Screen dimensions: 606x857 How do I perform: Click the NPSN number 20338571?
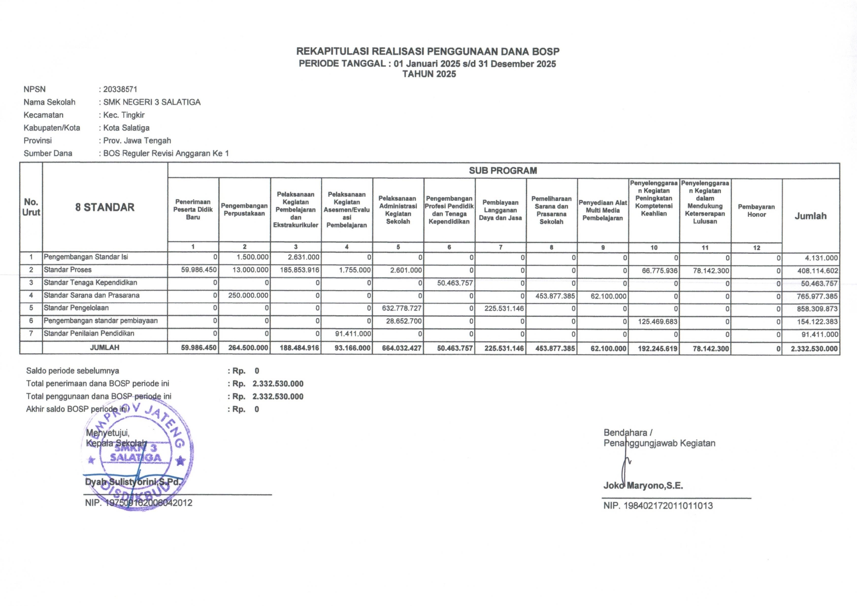pyautogui.click(x=120, y=89)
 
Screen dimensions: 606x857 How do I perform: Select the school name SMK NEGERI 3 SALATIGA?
pyautogui.click(x=152, y=102)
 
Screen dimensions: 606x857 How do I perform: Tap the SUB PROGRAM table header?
pyautogui.click(x=503, y=170)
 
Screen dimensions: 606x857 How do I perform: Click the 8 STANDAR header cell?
pyautogui.click(x=105, y=207)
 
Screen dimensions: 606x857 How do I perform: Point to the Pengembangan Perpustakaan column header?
pyautogui.click(x=244, y=209)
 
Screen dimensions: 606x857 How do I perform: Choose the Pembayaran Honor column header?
pyautogui.click(x=756, y=210)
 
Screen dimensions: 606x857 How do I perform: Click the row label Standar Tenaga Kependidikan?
pyautogui.click(x=90, y=283)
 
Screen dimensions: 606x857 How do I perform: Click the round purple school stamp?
pyautogui.click(x=138, y=456)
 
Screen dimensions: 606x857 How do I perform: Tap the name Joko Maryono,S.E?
pyautogui.click(x=643, y=485)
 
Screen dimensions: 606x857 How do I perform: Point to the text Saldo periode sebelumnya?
pyautogui.click(x=72, y=370)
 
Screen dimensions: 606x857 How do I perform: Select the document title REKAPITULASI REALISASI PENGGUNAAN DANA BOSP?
pyautogui.click(x=428, y=51)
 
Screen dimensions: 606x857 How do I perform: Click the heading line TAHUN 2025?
pyautogui.click(x=429, y=74)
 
